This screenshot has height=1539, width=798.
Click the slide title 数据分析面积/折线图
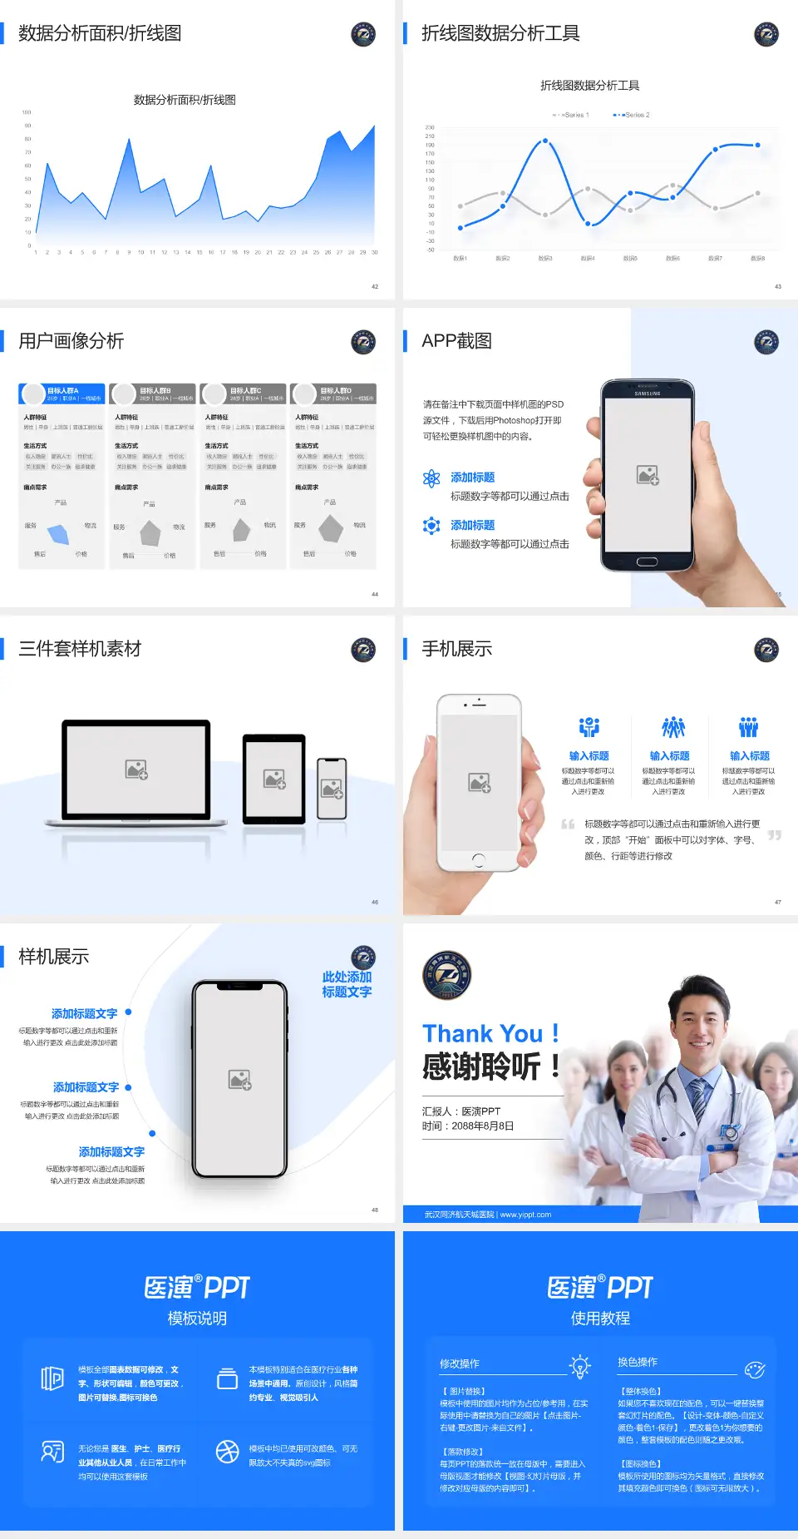coord(100,33)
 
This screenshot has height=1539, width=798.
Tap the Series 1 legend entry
coord(572,115)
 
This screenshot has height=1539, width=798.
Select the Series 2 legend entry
coord(633,115)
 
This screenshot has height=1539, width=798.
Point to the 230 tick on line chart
coord(430,127)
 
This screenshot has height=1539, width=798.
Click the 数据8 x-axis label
coord(757,259)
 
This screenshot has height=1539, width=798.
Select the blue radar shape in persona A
coord(59,533)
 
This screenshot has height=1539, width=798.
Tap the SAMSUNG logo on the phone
coord(647,393)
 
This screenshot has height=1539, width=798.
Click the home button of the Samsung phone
coord(647,562)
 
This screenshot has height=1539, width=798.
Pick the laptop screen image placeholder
coord(136,769)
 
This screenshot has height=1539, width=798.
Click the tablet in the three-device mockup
coord(274,779)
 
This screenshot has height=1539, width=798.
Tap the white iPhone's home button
coord(478,859)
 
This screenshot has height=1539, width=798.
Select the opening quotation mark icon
coord(568,824)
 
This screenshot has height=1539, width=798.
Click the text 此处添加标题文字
coord(347,984)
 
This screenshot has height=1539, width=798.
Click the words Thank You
coord(482,1033)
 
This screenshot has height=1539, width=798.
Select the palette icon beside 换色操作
coord(755,1369)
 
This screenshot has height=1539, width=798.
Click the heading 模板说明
coord(197,1319)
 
